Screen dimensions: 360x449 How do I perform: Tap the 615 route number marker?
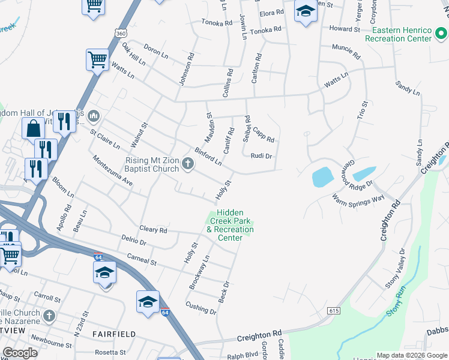tap(334, 311)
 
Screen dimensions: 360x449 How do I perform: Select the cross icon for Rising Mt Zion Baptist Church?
tap(188, 164)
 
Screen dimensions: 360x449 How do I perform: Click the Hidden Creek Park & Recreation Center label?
tap(230, 225)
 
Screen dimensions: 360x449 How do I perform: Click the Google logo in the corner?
tap(20, 352)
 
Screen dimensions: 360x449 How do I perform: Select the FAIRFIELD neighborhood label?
tap(114, 334)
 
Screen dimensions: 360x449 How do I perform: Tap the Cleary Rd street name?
tap(153, 230)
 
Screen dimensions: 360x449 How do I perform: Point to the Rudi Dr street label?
tap(261, 156)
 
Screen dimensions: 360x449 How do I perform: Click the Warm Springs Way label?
tap(358, 199)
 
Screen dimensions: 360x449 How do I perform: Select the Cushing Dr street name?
tap(200, 308)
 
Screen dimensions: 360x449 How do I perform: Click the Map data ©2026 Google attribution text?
tap(412, 355)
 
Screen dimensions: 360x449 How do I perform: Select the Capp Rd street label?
tap(264, 135)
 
